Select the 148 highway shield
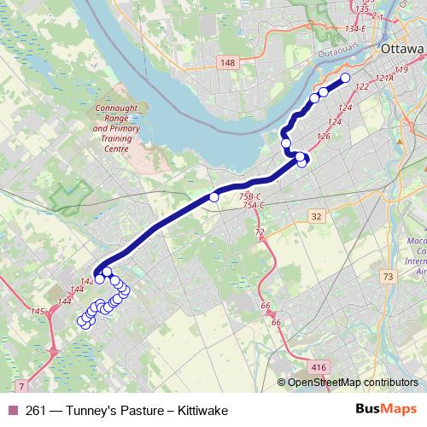227,62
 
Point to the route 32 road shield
317,217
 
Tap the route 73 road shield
389,277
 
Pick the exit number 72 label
260,231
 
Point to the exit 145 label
38,312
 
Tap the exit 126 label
323,136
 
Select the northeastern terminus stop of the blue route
346,79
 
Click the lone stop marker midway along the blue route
214,197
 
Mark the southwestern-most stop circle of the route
83,322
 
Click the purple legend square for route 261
12,411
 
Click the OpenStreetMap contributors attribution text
352,383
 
